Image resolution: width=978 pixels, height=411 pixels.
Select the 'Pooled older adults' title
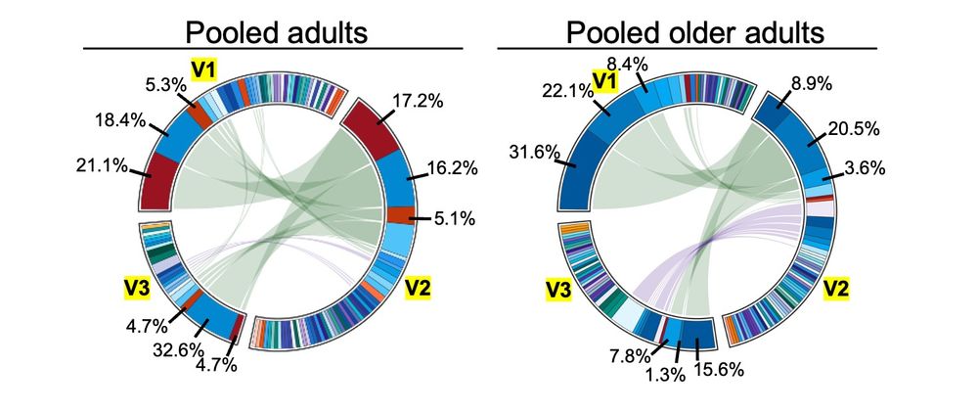tap(695, 31)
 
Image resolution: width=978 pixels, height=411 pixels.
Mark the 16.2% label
tap(451, 167)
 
